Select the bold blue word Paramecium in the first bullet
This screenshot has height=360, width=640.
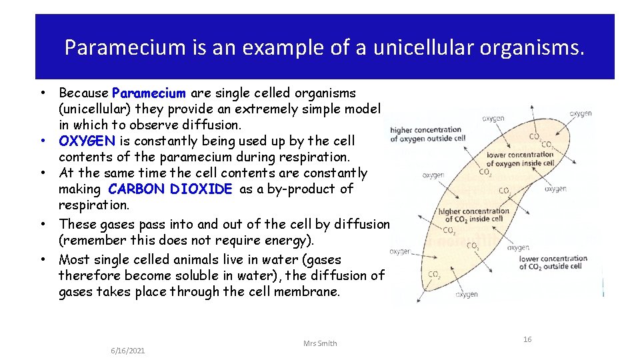point(149,93)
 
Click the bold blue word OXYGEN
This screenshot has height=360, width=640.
point(87,141)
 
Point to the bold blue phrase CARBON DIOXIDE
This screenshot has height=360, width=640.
point(170,189)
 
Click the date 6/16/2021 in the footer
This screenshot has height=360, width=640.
point(128,351)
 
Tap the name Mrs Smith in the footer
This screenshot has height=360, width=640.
point(320,343)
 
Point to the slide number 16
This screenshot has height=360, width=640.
point(527,339)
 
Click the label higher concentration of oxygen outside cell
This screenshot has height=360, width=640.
point(427,134)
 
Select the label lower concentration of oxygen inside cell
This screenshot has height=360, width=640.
point(520,159)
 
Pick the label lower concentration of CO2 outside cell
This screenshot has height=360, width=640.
point(553,262)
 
